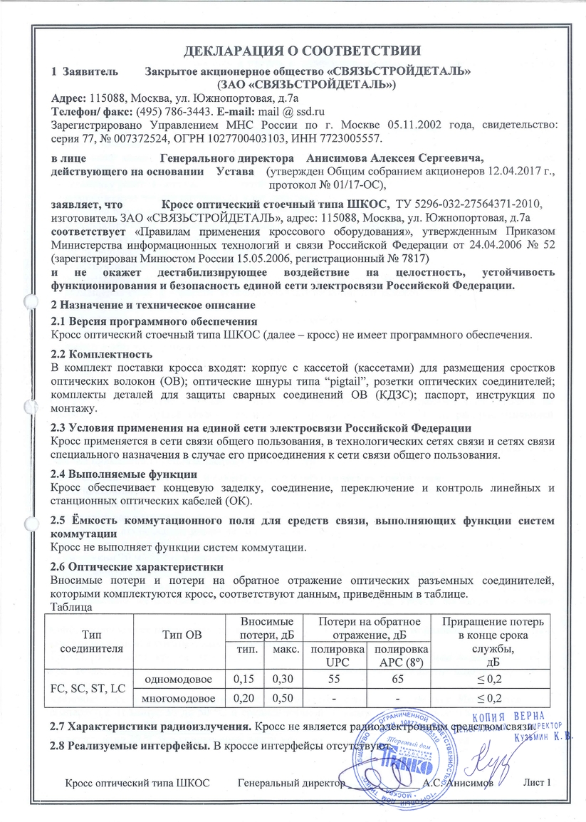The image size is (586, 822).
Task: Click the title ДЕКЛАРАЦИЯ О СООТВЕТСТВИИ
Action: click(x=293, y=51)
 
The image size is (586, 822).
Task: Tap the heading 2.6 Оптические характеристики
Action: click(x=138, y=567)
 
